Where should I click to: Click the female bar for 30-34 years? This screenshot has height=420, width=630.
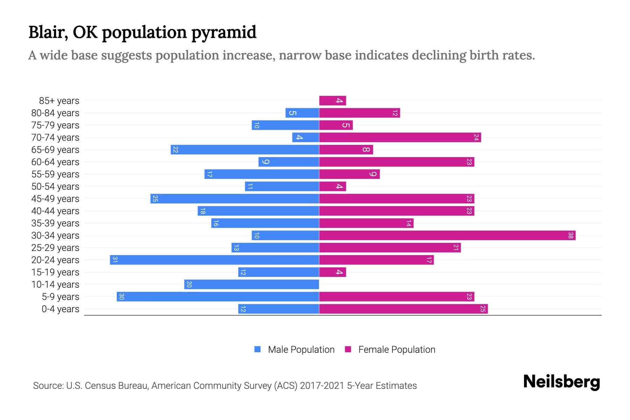(x=447, y=235)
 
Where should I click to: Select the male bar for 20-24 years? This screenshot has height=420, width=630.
(x=214, y=260)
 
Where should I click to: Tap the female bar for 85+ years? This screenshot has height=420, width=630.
(x=332, y=100)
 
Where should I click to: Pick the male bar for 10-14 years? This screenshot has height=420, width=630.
(x=251, y=284)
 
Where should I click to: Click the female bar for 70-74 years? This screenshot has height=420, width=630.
(x=400, y=137)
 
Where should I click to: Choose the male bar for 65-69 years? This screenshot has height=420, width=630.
(x=245, y=149)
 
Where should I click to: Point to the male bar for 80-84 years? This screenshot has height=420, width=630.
(x=302, y=113)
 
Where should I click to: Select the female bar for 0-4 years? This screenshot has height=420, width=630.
(x=403, y=309)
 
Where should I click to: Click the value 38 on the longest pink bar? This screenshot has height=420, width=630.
(x=570, y=235)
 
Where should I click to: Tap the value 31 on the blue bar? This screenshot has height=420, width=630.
(x=115, y=260)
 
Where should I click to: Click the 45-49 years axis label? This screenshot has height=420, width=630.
(x=55, y=198)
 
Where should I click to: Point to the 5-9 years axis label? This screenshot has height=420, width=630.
(x=61, y=296)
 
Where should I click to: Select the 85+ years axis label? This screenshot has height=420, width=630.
(x=59, y=100)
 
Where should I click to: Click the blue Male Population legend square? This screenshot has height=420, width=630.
(x=258, y=349)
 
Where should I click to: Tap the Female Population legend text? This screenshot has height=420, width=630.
(x=397, y=349)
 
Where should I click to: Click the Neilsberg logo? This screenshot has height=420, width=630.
(x=561, y=381)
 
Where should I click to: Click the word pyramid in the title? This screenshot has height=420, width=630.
(x=224, y=32)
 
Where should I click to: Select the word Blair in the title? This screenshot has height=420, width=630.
(x=48, y=32)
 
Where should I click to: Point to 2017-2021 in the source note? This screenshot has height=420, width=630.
(x=322, y=385)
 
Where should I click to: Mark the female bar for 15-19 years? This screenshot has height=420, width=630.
(x=332, y=272)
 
